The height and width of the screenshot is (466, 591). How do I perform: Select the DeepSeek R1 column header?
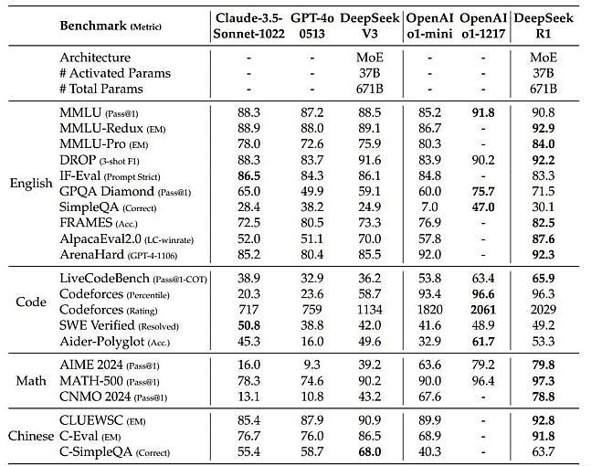pyautogui.click(x=544, y=26)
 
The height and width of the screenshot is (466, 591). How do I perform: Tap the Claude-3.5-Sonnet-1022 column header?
pyautogui.click(x=248, y=26)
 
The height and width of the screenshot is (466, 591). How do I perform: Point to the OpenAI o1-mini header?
pyautogui.click(x=429, y=26)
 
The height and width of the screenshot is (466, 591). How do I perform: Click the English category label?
pyautogui.click(x=31, y=184)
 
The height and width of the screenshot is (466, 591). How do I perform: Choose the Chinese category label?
pyautogui.click(x=31, y=436)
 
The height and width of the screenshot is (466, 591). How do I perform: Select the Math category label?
pyautogui.click(x=31, y=381)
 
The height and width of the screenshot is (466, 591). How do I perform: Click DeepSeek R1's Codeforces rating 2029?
pyautogui.click(x=544, y=310)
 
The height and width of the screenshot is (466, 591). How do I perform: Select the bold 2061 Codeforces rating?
pyautogui.click(x=483, y=310)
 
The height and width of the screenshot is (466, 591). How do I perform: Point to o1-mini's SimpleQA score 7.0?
pyautogui.click(x=429, y=207)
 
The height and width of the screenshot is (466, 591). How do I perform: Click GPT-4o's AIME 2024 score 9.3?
pyautogui.click(x=311, y=365)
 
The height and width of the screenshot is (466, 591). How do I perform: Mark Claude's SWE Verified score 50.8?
pyautogui.click(x=248, y=325)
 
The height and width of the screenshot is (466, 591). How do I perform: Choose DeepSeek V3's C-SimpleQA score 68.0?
pyautogui.click(x=370, y=451)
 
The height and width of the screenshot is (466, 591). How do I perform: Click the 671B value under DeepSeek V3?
pyautogui.click(x=370, y=89)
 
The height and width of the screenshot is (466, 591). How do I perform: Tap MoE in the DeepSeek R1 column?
pyautogui.click(x=544, y=58)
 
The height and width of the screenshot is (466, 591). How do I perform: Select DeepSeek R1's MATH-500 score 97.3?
pyautogui.click(x=544, y=381)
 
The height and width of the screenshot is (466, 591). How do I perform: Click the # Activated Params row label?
pyautogui.click(x=115, y=73)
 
